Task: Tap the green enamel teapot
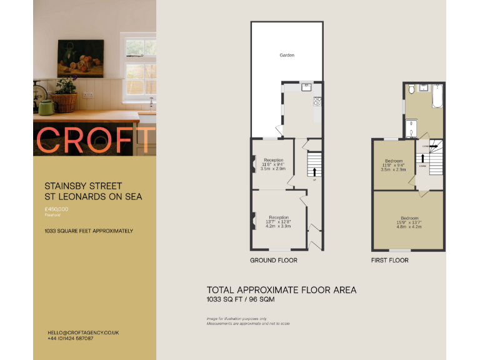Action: coord(47,107)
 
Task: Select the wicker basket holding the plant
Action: coord(64,102)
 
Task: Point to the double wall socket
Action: coord(89,94)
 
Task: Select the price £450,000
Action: coord(57,209)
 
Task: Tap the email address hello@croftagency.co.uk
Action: coord(83,332)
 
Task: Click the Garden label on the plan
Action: coord(287,56)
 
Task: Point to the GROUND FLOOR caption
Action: coord(274,260)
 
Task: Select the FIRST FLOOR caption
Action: coord(390,260)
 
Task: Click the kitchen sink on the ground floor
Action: coord(306,87)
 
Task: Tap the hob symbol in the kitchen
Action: coord(318,101)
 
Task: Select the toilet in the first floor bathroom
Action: coord(411,91)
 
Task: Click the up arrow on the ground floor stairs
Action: coord(314,171)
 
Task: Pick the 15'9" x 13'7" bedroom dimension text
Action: coord(409,222)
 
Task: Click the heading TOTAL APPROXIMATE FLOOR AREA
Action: coord(281,290)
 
